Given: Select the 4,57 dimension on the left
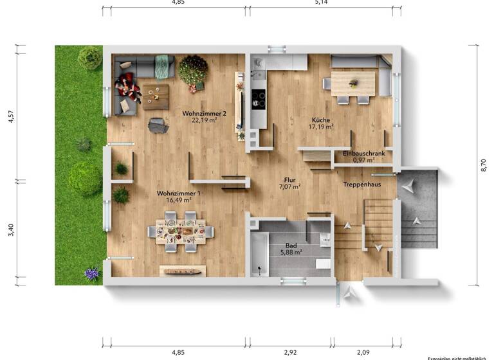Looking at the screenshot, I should coord(10,116).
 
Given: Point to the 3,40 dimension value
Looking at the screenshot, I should coord(10,230).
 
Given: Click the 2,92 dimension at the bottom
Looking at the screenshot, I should coord(291,352).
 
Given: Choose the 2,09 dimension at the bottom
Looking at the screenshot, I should coord(363,352).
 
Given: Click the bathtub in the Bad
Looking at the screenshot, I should coord(260,255).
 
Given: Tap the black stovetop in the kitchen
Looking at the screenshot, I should coord(258,98).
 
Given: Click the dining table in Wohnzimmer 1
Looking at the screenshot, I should coord(181,230).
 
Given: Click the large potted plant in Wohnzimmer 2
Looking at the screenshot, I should coord(192,69).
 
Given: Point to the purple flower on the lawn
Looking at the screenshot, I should coord(91,274).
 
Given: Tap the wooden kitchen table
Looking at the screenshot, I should coord(353,83).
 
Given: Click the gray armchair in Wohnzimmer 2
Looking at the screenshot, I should coord(158,125).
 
